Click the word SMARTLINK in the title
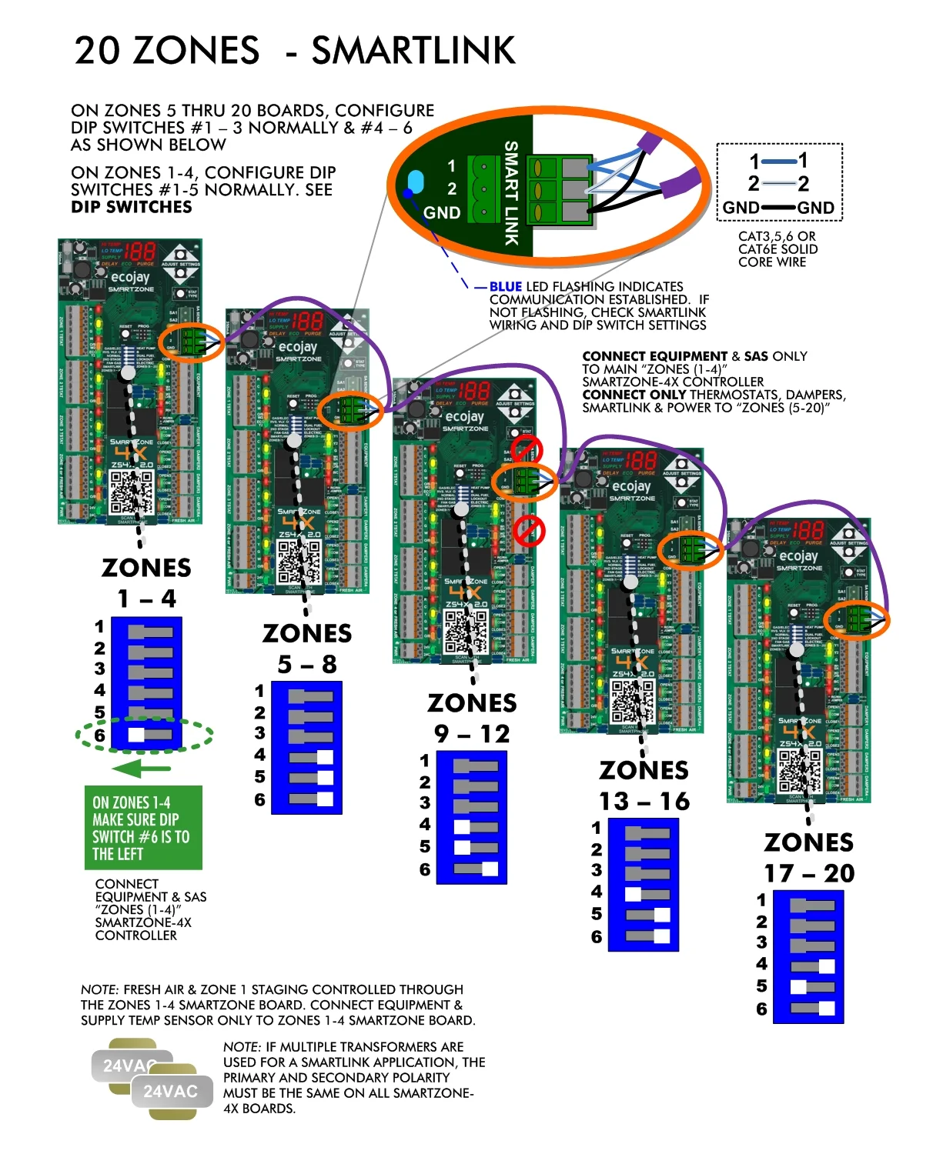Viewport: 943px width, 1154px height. (413, 51)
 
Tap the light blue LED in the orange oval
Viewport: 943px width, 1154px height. (415, 182)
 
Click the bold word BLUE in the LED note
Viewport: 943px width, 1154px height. (505, 286)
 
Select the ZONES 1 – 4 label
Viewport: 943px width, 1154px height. (146, 583)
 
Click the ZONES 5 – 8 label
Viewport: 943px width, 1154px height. (307, 649)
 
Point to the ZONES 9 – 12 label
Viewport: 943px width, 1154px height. (472, 718)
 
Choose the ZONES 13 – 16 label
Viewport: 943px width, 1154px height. (644, 785)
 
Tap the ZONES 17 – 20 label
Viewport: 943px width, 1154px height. (808, 858)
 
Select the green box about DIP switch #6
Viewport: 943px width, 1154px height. (143, 828)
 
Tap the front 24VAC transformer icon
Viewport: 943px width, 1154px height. (171, 1092)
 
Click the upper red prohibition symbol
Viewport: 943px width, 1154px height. (527, 451)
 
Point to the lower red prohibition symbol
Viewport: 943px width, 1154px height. (529, 530)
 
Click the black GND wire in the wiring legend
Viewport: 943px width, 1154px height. (778, 208)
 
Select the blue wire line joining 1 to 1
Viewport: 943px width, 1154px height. (778, 161)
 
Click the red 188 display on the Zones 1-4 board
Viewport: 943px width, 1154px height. (139, 252)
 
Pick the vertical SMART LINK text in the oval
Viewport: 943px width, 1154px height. (510, 193)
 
